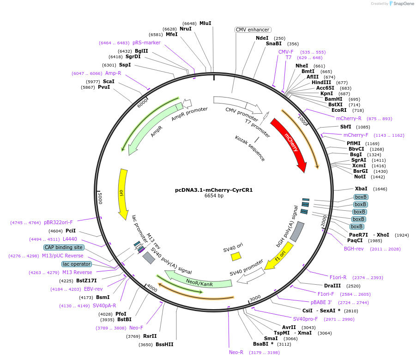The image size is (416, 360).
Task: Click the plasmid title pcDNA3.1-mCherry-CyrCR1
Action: click(x=214, y=189)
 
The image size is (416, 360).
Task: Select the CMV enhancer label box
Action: click(x=253, y=30)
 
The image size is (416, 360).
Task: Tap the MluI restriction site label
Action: click(x=205, y=23)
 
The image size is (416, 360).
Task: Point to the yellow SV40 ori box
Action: click(x=236, y=256)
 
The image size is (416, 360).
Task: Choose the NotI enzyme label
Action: click(x=360, y=177)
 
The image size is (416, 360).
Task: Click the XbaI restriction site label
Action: click(x=361, y=189)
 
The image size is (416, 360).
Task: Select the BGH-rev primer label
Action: click(x=354, y=249)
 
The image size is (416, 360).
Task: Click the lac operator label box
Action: click(x=77, y=264)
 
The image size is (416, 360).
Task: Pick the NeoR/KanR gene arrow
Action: click(x=199, y=283)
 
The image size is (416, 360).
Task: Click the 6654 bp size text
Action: click(x=214, y=196)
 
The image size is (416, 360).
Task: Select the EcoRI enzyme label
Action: click(x=339, y=110)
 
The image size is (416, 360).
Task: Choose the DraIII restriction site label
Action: click(x=332, y=286)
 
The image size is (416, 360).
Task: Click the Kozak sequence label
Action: click(x=250, y=148)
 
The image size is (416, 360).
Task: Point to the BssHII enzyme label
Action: click(x=164, y=344)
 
